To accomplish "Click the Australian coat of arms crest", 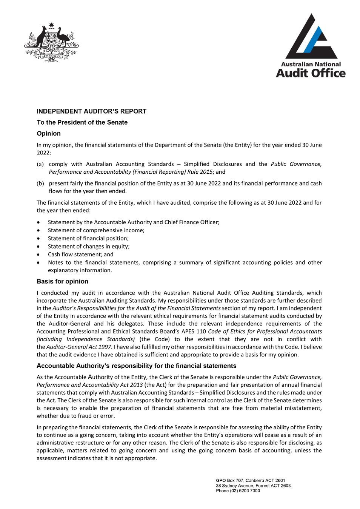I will point(51,43).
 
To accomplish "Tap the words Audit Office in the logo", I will point(311,73).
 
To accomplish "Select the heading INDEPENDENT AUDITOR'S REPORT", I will point(91,111).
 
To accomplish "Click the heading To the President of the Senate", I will point(82,122).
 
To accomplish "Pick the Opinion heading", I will point(49,134).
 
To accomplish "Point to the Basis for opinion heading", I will point(62,281).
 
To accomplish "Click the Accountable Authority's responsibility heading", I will point(136,366).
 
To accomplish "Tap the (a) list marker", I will point(40,164).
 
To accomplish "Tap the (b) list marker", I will point(40,184).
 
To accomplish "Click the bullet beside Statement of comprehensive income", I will point(38,230).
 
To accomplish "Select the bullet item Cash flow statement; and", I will point(80,254).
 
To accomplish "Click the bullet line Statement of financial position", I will point(88,238).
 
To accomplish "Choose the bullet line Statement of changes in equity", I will point(89,246).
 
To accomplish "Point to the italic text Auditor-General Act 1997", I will point(79,347).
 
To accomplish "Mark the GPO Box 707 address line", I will point(250,481).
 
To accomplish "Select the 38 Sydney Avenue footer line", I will point(253,486).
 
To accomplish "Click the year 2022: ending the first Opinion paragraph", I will point(44,153).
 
